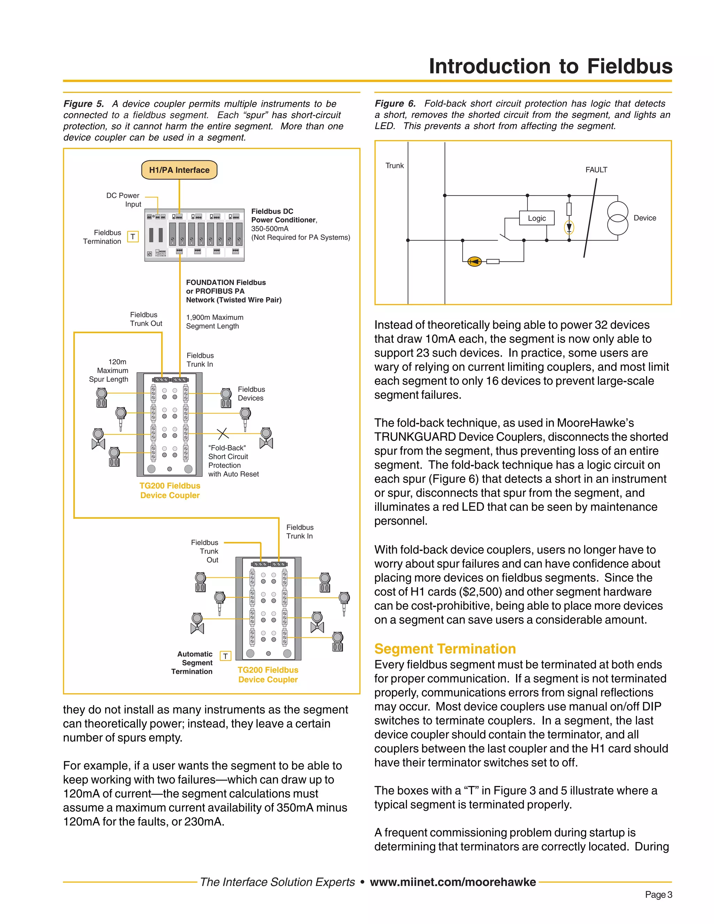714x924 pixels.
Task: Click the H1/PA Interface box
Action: point(179,170)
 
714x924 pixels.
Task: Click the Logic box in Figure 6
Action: point(536,218)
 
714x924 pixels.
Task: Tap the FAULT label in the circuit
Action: point(596,170)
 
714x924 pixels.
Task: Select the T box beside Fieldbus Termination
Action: point(133,236)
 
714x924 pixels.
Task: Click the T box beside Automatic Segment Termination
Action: point(226,656)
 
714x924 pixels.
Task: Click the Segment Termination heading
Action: point(445,649)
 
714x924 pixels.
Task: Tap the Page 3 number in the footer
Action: point(658,894)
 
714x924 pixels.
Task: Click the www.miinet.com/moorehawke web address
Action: point(453,882)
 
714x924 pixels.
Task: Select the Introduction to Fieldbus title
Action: point(550,66)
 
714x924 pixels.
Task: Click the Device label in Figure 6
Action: point(645,218)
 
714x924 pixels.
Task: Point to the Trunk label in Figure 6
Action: point(394,165)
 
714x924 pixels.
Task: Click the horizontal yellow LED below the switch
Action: point(474,262)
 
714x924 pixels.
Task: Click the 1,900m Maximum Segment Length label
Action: point(214,321)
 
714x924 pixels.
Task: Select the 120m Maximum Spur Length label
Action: point(111,370)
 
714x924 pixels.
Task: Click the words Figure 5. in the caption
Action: point(84,104)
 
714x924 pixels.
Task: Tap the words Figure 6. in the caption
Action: point(395,103)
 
